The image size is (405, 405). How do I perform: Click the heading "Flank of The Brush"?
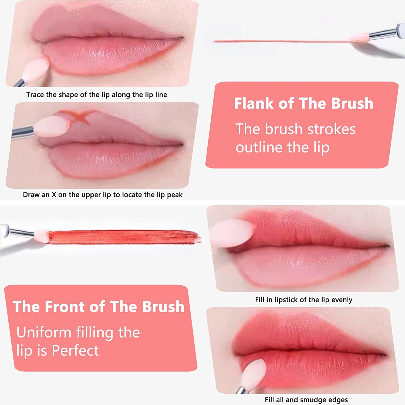(x=303, y=103)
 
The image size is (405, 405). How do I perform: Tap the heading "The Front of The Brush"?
(x=99, y=307)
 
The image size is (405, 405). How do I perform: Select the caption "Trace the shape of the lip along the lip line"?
(x=96, y=95)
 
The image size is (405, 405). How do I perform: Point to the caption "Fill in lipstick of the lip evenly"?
(x=303, y=300)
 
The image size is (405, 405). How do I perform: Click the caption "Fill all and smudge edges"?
(x=306, y=400)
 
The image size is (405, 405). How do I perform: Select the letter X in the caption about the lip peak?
(x=54, y=195)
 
